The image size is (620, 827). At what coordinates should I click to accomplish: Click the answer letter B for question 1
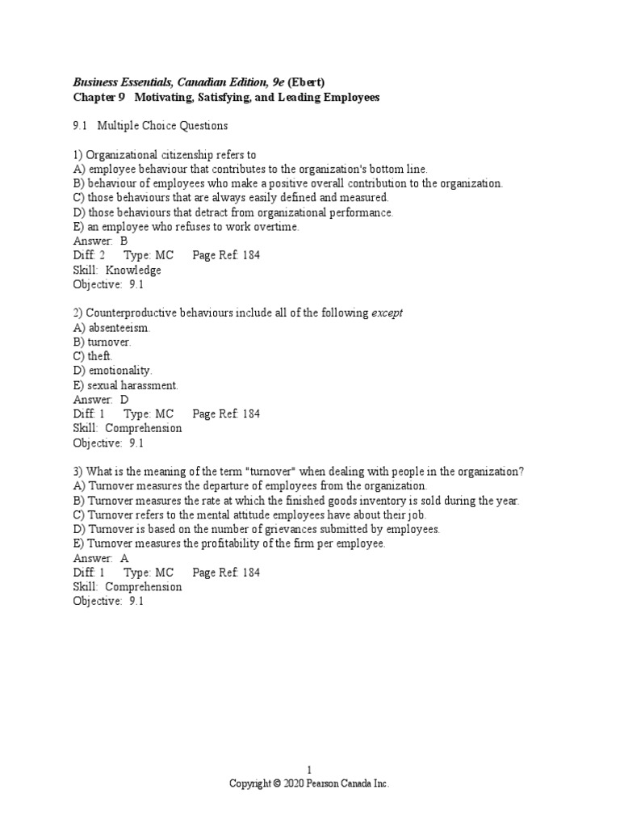click(124, 241)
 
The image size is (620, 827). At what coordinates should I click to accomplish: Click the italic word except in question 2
click(387, 313)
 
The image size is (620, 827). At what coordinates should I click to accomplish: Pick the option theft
click(100, 356)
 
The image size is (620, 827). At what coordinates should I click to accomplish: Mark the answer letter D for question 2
click(124, 400)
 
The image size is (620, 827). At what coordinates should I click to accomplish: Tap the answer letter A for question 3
click(124, 558)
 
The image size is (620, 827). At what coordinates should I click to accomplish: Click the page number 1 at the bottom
click(309, 770)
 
